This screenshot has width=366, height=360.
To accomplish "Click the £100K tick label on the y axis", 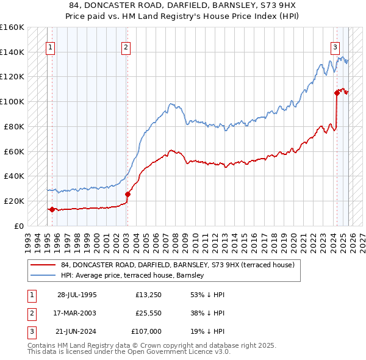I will (12, 101).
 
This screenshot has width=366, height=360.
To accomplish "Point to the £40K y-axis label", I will (14, 176).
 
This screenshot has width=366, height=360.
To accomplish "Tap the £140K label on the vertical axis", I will (12, 52).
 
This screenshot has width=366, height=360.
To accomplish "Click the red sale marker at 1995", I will (52, 209).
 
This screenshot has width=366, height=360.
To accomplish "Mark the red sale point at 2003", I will (127, 194).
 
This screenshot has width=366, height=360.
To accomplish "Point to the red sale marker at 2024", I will (337, 93).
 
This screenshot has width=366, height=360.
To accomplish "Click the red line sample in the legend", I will (43, 265).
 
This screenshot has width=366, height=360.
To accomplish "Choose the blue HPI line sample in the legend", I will (43, 276).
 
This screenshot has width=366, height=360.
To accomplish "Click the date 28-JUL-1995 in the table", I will (77, 295).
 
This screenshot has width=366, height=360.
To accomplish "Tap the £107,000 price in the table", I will (147, 333).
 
